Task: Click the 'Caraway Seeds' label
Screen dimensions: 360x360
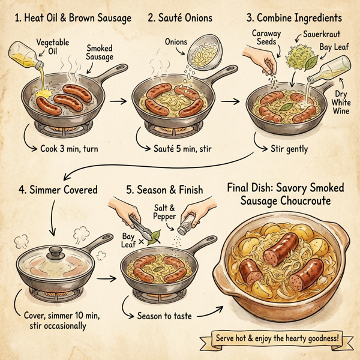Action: click(263, 38)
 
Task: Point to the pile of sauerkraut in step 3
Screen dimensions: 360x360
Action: click(298, 58)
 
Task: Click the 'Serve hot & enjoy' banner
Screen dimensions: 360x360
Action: click(280, 338)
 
